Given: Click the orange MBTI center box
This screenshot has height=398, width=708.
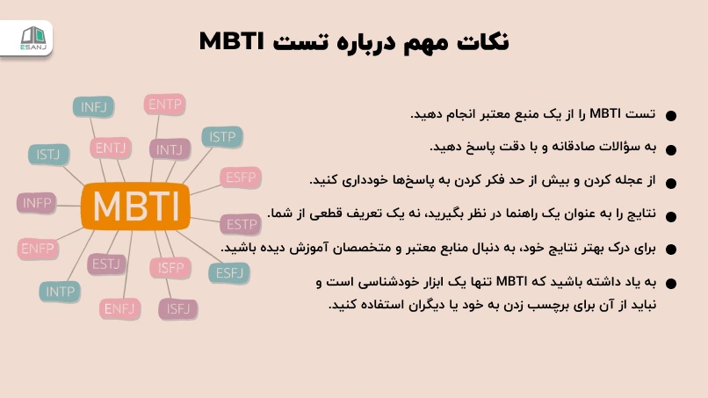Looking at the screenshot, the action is tap(135, 206).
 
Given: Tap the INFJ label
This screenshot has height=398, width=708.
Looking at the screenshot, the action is tap(93, 107).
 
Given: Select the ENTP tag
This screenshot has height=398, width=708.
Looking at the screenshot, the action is tap(165, 105).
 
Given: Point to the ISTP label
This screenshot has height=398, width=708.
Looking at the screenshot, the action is tap(222, 136).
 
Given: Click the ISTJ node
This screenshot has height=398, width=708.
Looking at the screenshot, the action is tap(48, 155).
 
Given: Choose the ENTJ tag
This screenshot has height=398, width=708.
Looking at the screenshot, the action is tap(110, 148).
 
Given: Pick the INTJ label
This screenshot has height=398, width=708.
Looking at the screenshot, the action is tap(170, 149).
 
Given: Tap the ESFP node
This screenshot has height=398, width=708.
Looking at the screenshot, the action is tap(241, 177).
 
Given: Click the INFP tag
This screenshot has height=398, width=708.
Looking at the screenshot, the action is tap(37, 203).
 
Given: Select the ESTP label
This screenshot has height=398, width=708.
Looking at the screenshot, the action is tap(241, 224).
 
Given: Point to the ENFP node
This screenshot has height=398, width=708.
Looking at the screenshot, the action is tap(38, 249).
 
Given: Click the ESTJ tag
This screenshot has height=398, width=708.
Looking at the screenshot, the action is tap(106, 264).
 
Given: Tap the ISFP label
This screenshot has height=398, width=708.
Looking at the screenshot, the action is tap(170, 268).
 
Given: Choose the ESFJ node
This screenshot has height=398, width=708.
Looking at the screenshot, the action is tap(229, 273).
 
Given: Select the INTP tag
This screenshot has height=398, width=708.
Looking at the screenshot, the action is tap(60, 292).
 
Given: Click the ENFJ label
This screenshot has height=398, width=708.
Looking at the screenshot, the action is tap(119, 309).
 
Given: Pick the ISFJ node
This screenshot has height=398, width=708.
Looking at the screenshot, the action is tap(178, 309).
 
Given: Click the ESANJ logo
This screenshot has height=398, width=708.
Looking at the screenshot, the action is tap(33, 39).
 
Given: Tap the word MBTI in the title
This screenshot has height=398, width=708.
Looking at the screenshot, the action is tap(231, 41).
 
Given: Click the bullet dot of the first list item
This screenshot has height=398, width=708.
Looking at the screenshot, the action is tap(671, 116).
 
